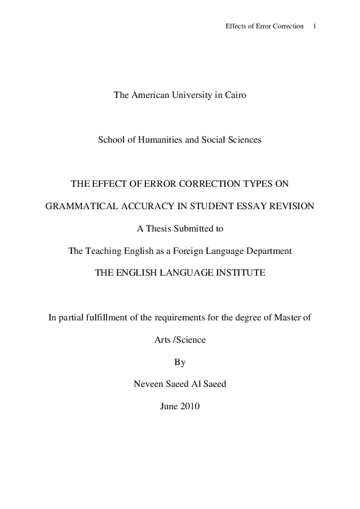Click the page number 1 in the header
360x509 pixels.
[315, 27]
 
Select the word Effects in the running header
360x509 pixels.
[235, 27]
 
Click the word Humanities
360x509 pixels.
[154, 140]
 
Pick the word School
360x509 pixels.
[110, 140]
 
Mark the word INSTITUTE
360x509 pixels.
[235, 273]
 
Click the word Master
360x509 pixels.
[287, 317]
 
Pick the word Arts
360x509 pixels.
[163, 340]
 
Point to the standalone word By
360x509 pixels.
[180, 362]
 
